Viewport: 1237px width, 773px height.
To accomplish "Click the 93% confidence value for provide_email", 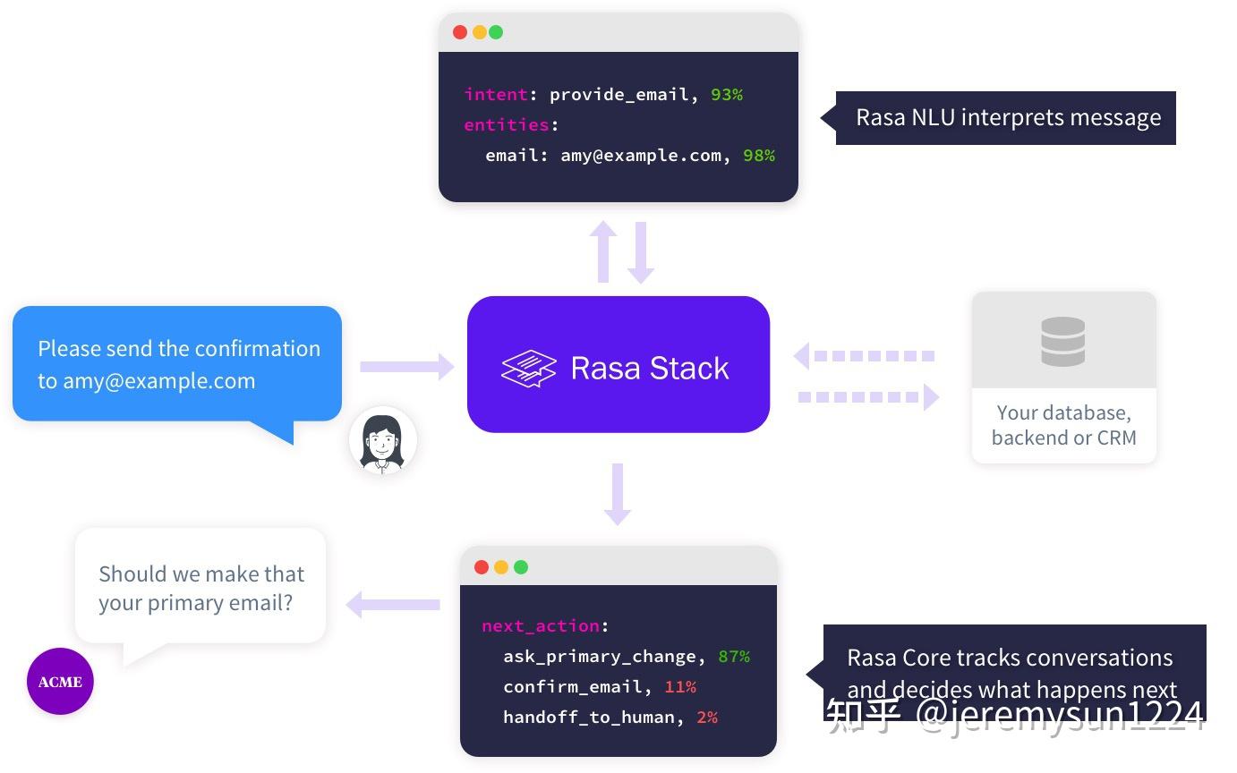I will [727, 95].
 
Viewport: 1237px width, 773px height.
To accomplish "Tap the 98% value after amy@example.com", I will [759, 156].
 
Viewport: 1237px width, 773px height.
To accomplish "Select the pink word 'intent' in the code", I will [496, 95].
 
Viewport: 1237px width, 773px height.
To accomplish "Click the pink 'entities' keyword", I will [507, 125].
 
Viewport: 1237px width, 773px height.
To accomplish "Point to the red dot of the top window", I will [460, 32].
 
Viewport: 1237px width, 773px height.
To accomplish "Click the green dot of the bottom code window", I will [521, 567].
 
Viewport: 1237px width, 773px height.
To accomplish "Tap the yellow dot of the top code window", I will [479, 32].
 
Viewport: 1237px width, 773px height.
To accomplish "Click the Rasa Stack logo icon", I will [528, 369].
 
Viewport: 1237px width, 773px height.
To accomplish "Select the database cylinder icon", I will [1063, 342].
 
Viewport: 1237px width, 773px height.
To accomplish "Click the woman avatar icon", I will [383, 440].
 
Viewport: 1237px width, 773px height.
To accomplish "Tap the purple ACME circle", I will [60, 682].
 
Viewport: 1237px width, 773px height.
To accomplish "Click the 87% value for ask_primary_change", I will [734, 657].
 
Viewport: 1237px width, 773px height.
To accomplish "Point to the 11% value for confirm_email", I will [680, 687].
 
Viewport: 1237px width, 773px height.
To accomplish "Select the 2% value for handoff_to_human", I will [707, 718].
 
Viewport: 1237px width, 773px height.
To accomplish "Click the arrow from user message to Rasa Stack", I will [406, 366].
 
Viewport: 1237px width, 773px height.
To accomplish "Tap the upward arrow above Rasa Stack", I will [604, 251].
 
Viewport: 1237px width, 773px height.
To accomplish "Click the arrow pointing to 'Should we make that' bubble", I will [393, 605].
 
